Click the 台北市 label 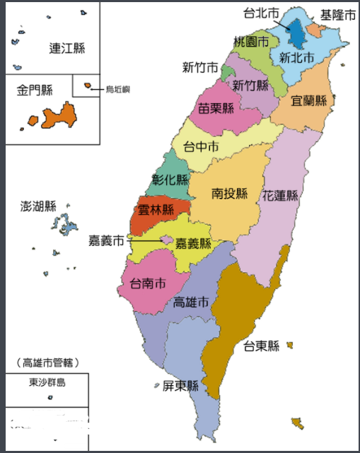tap(261, 13)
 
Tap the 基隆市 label tap(337, 14)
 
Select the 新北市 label tap(296, 57)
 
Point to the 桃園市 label tap(251, 42)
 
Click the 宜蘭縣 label tap(309, 100)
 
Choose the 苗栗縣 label tap(216, 109)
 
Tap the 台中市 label tap(201, 147)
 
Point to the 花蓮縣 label tap(280, 194)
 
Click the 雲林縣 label tap(156, 210)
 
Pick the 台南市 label tap(149, 283)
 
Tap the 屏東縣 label tap(180, 386)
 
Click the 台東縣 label tap(261, 346)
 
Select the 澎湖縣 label tap(38, 206)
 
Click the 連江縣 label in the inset tap(67, 48)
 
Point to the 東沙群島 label tap(47, 383)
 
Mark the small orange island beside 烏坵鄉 tap(88, 86)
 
